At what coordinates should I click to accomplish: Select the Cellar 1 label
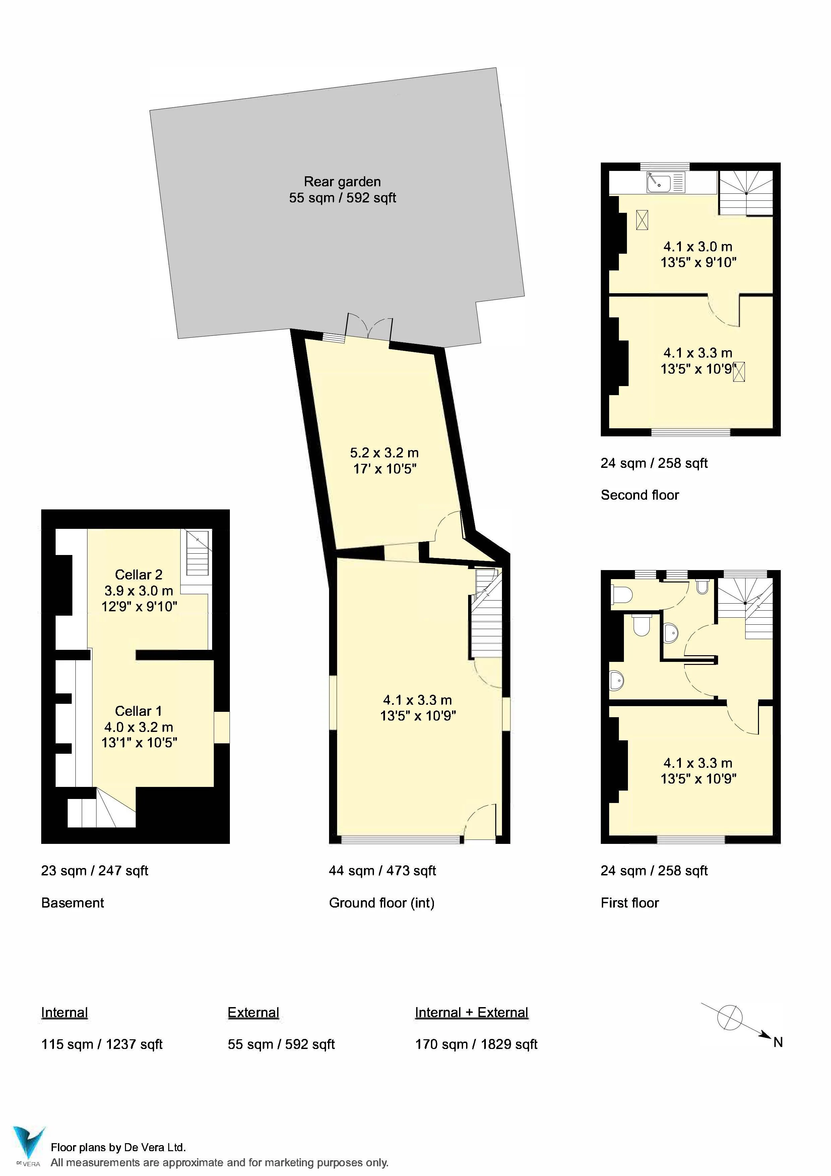click(x=138, y=710)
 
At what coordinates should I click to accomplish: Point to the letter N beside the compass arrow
click(x=777, y=1042)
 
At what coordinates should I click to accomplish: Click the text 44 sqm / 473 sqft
click(x=382, y=870)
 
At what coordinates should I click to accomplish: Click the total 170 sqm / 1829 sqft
click(x=476, y=1044)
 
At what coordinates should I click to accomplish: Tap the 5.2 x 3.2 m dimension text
click(x=384, y=452)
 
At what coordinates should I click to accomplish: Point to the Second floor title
click(x=640, y=495)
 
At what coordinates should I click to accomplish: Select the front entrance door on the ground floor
click(x=480, y=824)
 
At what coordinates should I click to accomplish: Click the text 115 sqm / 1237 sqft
click(x=102, y=1044)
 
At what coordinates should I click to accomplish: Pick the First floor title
click(x=629, y=903)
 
